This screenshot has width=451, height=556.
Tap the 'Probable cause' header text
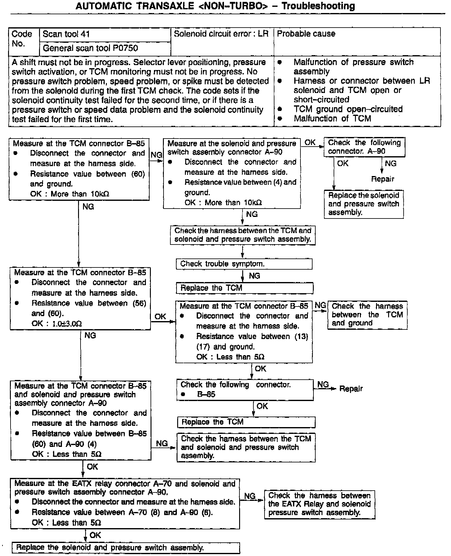[306, 34]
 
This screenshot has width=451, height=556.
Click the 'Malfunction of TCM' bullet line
[332, 118]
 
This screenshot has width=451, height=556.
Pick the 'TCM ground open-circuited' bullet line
[348, 109]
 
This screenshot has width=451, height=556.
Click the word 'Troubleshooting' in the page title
[318, 6]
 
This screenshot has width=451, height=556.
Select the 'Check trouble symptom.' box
[244, 264]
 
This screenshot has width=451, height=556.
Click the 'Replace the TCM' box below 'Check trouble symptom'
[244, 288]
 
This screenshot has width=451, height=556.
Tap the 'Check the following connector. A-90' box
[364, 147]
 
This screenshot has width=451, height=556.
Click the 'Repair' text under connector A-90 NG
[383, 179]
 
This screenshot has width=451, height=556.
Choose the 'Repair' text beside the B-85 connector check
[351, 389]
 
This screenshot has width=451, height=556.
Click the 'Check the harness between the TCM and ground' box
[367, 315]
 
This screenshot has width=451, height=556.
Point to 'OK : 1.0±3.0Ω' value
[57, 324]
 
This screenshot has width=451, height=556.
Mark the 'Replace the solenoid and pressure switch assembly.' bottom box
[125, 548]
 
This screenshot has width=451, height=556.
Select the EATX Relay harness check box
[319, 504]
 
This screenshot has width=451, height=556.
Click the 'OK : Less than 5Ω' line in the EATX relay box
[66, 523]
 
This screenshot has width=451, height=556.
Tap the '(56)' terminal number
[139, 303]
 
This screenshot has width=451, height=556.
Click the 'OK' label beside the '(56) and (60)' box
[160, 316]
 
